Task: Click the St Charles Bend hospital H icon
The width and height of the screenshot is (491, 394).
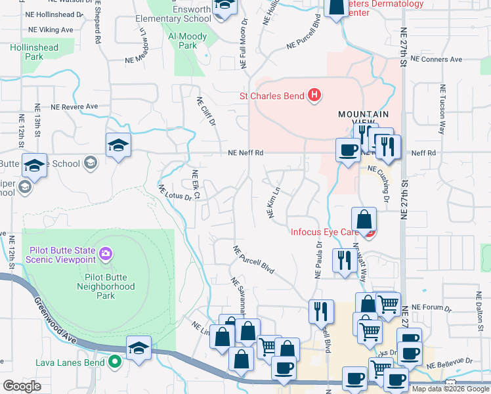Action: (x=314, y=96)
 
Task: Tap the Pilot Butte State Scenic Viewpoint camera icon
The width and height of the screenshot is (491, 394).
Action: (x=104, y=252)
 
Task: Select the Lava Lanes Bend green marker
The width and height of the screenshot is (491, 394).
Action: (x=115, y=361)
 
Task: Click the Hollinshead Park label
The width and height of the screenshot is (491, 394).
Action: (x=33, y=52)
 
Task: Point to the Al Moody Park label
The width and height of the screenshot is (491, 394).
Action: (x=182, y=41)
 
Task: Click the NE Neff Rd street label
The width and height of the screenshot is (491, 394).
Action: (x=245, y=153)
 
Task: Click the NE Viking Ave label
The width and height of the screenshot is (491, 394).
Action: (x=51, y=30)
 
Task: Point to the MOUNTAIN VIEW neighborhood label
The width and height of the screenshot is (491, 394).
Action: (x=359, y=114)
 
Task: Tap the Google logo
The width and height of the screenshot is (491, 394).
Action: (x=22, y=386)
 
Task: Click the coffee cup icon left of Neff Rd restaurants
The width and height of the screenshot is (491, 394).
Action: (x=347, y=150)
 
